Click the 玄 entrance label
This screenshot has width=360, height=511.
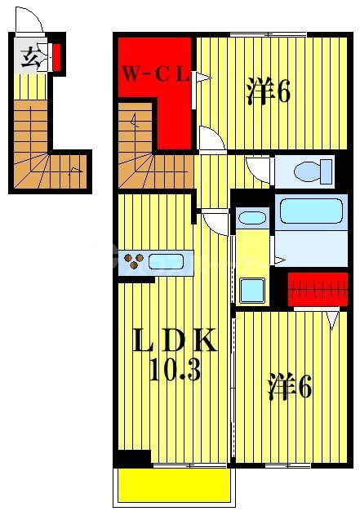click(x=30, y=57)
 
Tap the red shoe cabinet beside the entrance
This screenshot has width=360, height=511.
click(x=57, y=57)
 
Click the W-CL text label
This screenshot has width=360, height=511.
click(x=155, y=77)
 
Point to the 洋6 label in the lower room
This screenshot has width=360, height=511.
click(x=289, y=387)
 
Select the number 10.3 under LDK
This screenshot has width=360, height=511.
click(x=175, y=371)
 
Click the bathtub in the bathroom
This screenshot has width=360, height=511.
click(x=309, y=211)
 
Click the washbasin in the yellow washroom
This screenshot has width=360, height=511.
click(x=252, y=218)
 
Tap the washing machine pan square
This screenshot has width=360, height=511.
click(x=252, y=289)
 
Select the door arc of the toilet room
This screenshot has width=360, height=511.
click(x=260, y=169)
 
